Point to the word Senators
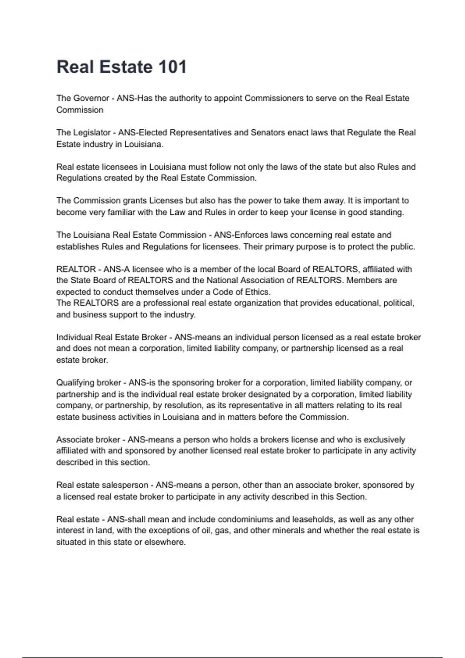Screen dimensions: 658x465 (267, 133)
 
